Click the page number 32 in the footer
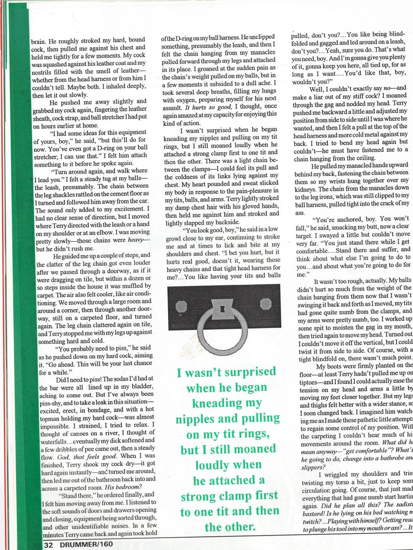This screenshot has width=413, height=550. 48,545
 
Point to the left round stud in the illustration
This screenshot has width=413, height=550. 182,307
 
